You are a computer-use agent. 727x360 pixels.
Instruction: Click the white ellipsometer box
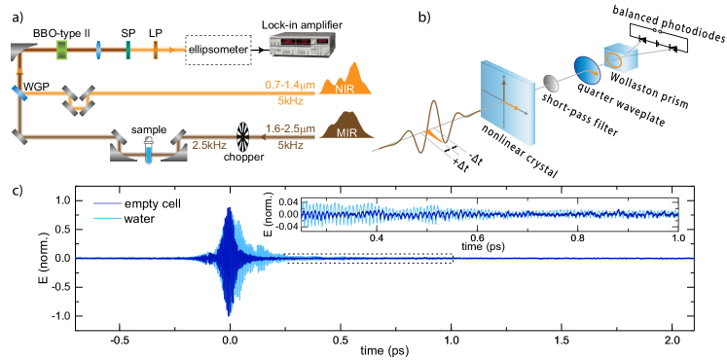pyautogui.click(x=218, y=47)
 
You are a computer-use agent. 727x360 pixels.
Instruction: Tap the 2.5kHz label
pyautogui.click(x=209, y=145)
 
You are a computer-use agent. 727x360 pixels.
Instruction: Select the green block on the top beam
pyautogui.click(x=62, y=48)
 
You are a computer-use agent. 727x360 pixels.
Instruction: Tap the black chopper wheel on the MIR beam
pyautogui.click(x=246, y=137)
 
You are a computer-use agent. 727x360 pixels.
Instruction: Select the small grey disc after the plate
pyautogui.click(x=557, y=83)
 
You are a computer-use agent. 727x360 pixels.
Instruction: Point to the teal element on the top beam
pyautogui.click(x=127, y=47)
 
